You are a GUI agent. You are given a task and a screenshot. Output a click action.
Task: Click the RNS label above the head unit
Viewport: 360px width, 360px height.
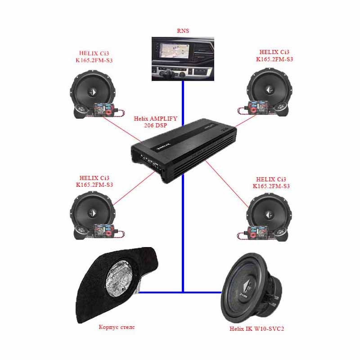point(183,31)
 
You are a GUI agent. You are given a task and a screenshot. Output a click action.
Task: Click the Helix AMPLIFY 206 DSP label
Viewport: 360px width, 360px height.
point(155,122)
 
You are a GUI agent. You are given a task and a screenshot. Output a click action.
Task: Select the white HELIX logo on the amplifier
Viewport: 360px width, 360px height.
point(164,147)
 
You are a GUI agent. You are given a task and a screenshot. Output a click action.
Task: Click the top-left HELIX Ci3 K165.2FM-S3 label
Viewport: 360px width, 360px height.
point(94,57)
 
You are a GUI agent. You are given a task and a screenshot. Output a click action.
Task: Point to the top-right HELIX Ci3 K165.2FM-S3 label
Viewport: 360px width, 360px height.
point(274,55)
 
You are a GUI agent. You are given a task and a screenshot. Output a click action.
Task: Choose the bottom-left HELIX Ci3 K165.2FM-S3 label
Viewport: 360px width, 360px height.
point(94,181)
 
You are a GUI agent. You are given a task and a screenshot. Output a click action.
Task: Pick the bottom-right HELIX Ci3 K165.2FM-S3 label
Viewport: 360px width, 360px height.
point(271,183)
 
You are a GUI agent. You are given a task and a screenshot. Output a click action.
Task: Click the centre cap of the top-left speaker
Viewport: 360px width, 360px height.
point(93,92)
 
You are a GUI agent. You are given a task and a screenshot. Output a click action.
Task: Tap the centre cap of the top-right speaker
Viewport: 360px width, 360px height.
point(269,90)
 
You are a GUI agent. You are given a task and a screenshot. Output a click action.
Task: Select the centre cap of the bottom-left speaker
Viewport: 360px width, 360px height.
point(93,213)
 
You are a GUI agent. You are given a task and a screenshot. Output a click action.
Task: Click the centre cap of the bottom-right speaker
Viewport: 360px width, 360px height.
point(269,215)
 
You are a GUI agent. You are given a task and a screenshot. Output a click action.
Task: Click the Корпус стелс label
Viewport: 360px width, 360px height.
point(117,327)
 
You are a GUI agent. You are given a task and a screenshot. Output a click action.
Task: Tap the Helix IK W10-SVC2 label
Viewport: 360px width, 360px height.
point(256,329)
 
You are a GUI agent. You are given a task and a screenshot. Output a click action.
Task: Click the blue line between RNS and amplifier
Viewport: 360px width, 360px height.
point(183,103)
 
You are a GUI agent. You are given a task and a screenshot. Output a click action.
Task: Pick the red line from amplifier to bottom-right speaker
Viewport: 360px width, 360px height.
point(227,184)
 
